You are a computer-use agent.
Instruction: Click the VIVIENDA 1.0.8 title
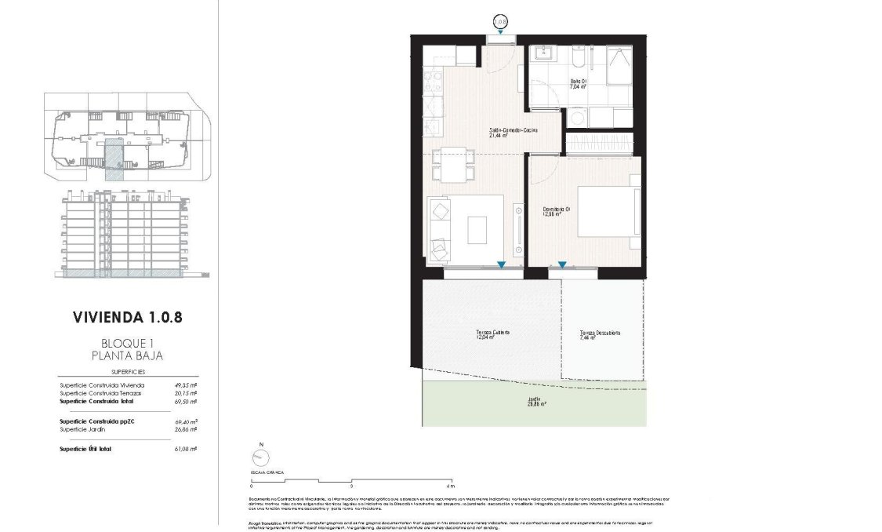(132, 318)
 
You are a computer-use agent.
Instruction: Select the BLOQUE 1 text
(132, 343)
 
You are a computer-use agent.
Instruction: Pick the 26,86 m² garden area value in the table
(185, 429)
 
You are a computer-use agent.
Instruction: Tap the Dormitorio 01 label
(557, 209)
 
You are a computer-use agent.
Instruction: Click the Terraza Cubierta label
(492, 332)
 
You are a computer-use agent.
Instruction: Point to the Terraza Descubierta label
(599, 332)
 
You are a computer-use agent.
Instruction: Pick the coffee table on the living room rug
(477, 230)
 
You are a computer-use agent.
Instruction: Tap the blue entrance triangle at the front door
(499, 32)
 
